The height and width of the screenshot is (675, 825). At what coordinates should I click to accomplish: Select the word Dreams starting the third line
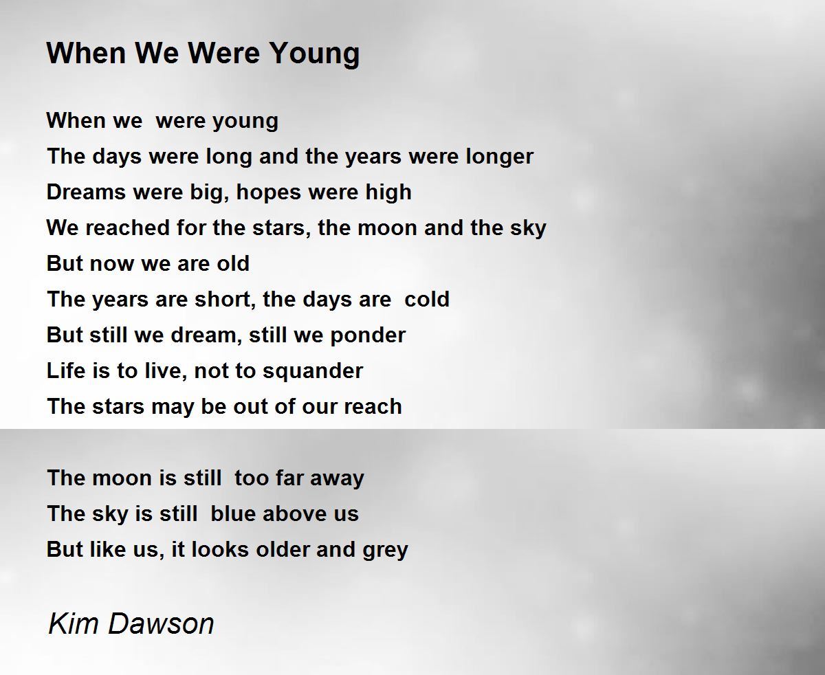click(x=87, y=192)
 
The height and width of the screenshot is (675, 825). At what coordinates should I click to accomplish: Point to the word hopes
click(x=269, y=192)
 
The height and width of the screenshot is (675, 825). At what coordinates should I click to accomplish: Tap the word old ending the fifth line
click(x=233, y=263)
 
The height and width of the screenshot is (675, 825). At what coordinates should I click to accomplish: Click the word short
click(x=226, y=300)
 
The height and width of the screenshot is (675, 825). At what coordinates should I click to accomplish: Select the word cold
click(x=427, y=300)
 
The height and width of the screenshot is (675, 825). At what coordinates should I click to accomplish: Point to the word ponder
click(x=368, y=336)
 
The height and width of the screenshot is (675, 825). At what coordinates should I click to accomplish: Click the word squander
click(x=313, y=371)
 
